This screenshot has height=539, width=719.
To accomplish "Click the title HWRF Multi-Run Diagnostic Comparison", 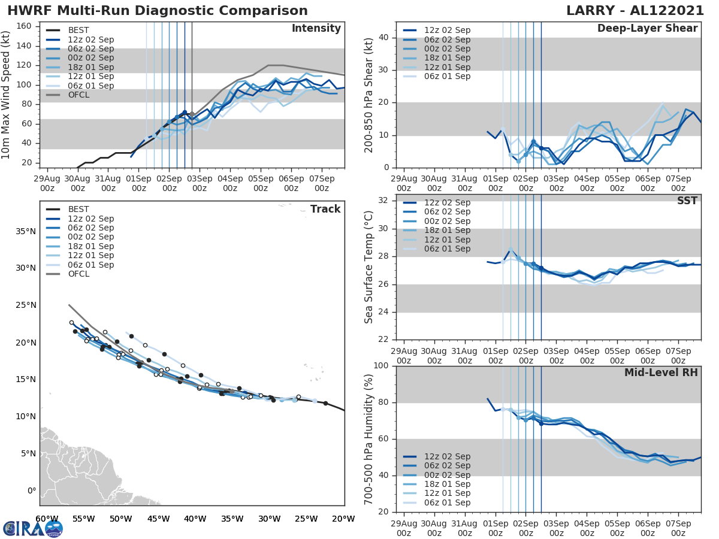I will (x=158, y=11).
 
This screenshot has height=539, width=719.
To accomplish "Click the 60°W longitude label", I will (x=47, y=519).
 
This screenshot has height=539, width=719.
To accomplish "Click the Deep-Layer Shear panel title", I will (x=647, y=29).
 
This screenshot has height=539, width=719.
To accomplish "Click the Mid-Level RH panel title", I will (x=661, y=373).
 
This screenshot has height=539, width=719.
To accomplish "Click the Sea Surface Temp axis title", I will (x=369, y=267).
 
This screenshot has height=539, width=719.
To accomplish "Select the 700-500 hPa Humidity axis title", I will (x=369, y=438).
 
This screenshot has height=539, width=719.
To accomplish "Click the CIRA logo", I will (x=32, y=528).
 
